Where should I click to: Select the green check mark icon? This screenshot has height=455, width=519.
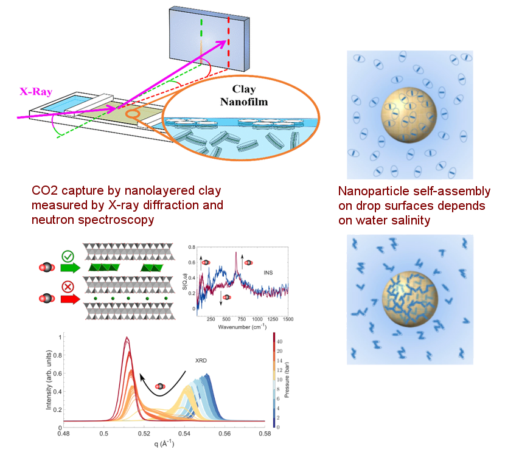click(68, 255)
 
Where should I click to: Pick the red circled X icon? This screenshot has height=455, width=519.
click(68, 286)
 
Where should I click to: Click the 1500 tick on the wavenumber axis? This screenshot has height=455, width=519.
click(287, 319)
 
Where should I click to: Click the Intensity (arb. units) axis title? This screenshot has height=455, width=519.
click(51, 380)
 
